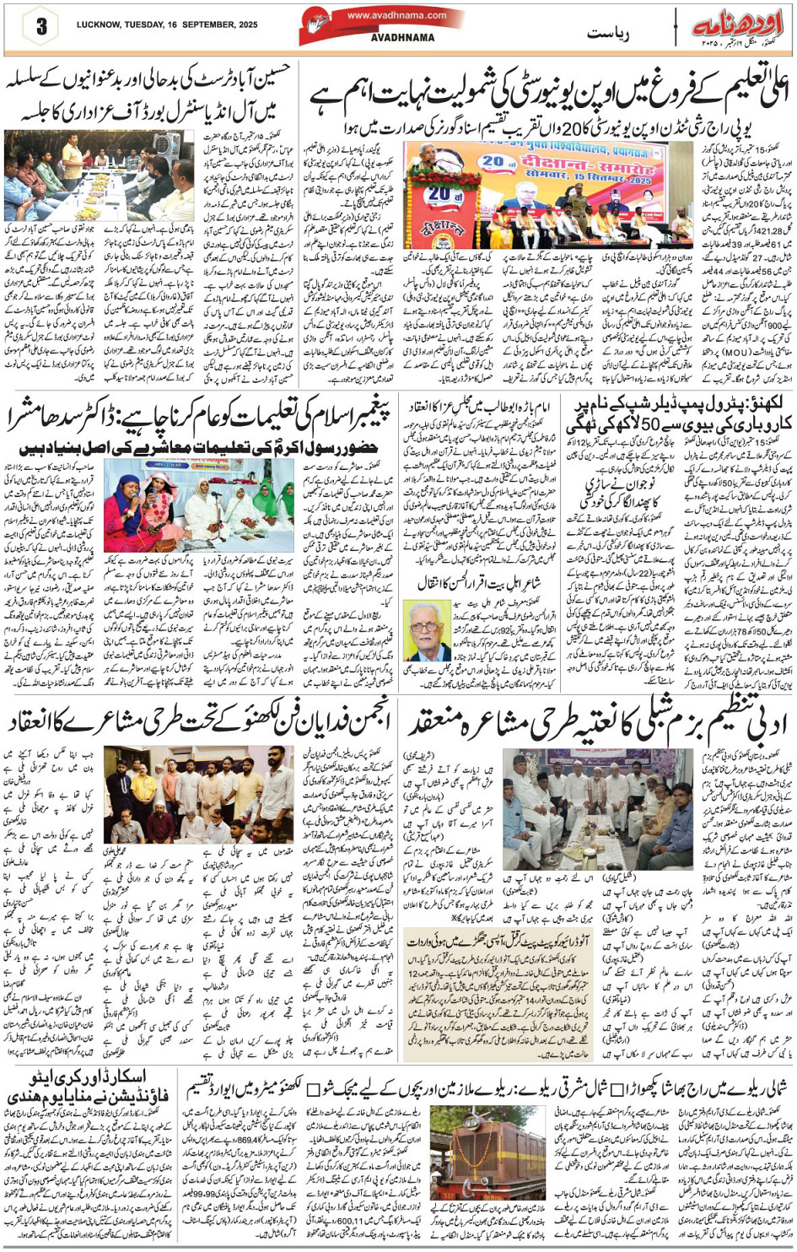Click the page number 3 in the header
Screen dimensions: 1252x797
click(40, 26)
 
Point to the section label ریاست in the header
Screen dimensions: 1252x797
click(610, 34)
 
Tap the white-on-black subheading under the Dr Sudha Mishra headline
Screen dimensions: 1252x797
click(199, 448)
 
